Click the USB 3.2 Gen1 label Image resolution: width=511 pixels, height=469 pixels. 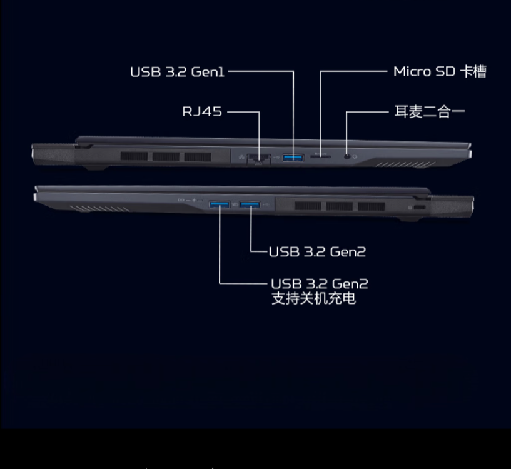coord(177,72)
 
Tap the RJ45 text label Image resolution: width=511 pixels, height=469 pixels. coord(201,112)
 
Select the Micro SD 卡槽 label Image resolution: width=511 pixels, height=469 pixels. coord(439,72)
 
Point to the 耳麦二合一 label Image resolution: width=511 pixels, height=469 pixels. coord(429,112)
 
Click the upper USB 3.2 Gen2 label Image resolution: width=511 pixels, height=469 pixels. coord(317,252)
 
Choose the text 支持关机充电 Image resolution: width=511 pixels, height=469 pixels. coord(313,298)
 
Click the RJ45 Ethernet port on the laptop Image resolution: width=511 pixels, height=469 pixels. coord(258,158)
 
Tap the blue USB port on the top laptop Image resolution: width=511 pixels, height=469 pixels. coord(293,156)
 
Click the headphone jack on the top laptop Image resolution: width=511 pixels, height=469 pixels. coord(348,156)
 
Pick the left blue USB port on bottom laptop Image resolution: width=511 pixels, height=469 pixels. coord(219,204)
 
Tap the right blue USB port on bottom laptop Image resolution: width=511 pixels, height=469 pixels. coord(250,204)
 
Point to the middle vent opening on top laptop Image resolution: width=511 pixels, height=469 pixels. coord(166,156)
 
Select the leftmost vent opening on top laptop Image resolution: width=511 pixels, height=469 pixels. coord(134,156)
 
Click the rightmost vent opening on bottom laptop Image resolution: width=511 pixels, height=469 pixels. coord(372,206)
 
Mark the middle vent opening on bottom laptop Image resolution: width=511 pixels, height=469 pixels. coord(338,206)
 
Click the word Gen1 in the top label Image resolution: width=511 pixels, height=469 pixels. coord(207,72)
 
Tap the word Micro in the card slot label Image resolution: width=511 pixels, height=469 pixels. coord(412,72)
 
